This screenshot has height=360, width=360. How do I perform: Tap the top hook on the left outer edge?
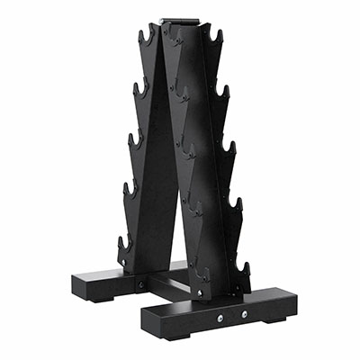[x=145, y=38]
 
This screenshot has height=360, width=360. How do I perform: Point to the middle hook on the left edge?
[x=134, y=139]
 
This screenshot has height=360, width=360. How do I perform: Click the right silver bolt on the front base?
[x=243, y=313]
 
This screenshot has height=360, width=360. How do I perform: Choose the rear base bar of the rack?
[x=108, y=284]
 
